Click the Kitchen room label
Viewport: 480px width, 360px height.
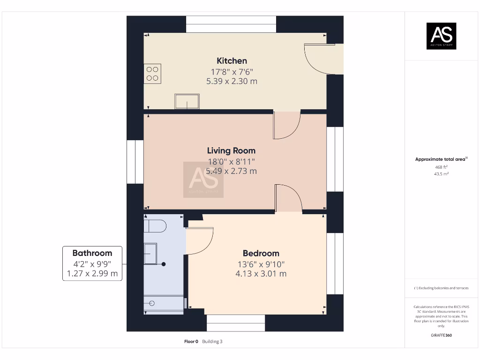tap(232, 61)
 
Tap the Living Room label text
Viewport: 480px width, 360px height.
tap(231, 150)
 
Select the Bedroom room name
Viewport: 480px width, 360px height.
tap(261, 253)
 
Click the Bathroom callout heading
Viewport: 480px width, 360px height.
tap(92, 253)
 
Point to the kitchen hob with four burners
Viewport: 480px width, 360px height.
tap(152, 74)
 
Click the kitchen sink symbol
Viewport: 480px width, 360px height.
tap(187, 101)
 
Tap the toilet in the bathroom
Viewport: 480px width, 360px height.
tap(155, 226)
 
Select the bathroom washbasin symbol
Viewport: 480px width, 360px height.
tap(151, 254)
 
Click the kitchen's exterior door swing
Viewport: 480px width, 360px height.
tap(319, 58)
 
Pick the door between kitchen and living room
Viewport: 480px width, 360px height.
tap(286, 125)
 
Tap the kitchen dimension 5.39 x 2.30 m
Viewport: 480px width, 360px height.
tap(232, 81)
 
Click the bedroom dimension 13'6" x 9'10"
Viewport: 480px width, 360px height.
tap(261, 264)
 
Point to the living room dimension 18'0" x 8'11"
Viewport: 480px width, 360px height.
tap(231, 161)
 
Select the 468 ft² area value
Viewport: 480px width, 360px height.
tap(441, 167)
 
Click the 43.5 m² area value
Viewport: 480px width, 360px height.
tap(441, 174)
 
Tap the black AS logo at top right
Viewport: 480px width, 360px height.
tap(441, 36)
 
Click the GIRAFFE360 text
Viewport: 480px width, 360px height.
tap(441, 335)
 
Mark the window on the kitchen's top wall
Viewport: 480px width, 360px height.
tap(231, 24)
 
